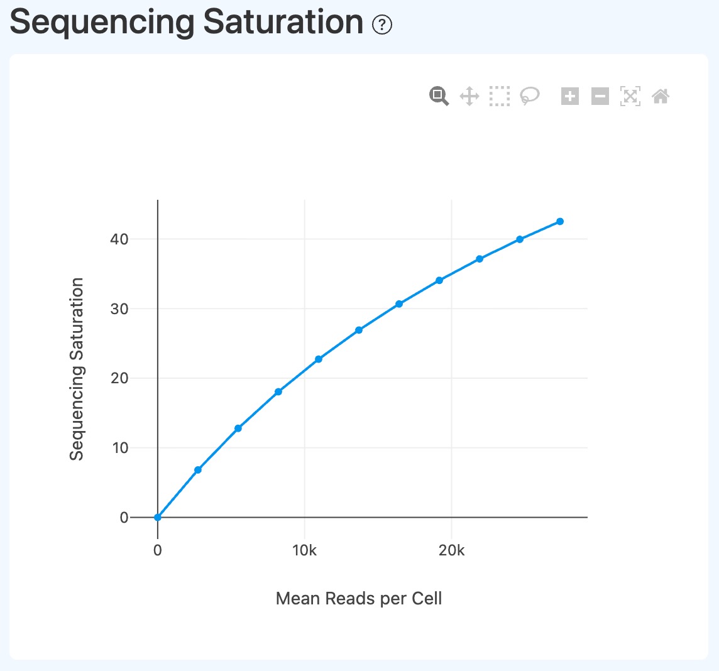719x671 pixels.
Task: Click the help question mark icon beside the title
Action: pos(382,25)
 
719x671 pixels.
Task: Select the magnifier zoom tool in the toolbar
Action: pos(439,96)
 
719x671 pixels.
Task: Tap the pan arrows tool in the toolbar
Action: pos(469,96)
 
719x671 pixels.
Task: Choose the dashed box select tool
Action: pos(500,96)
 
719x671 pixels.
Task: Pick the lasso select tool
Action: pos(530,96)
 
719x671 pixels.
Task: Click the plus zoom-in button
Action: pos(570,96)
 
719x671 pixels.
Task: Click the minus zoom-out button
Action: pos(600,96)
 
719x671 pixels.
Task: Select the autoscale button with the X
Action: pos(630,96)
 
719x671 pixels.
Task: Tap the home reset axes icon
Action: pos(661,96)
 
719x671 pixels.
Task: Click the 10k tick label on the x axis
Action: pos(304,550)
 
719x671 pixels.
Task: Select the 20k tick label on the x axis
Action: pos(451,550)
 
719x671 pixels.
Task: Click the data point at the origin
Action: pos(158,517)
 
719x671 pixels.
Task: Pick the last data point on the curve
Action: pos(560,221)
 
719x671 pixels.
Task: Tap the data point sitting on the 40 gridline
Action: pos(520,239)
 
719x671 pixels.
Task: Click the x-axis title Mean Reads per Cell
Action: pos(359,598)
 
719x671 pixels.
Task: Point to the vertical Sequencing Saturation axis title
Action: pos(77,369)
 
